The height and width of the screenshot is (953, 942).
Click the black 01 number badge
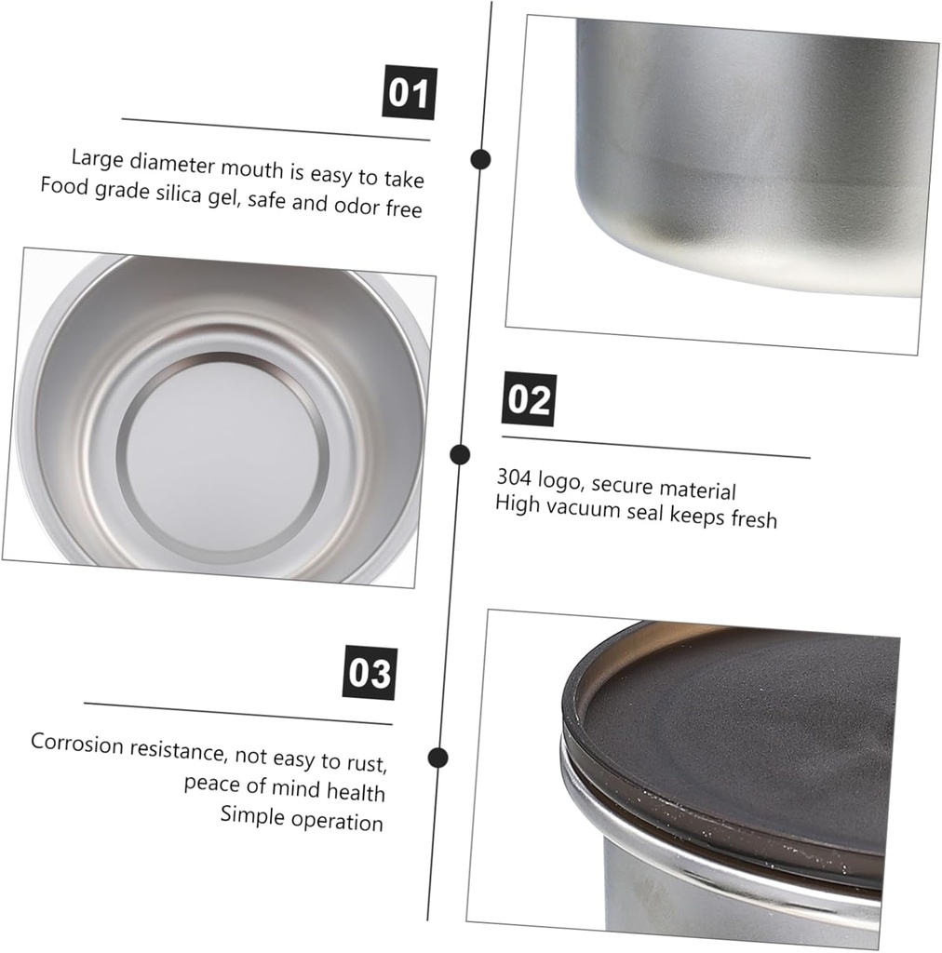(x=409, y=93)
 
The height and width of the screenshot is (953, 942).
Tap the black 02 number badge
(x=529, y=399)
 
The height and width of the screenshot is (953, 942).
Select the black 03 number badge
(x=370, y=673)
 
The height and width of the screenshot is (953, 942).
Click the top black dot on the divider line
(x=480, y=159)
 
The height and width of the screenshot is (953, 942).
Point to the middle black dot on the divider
(x=459, y=454)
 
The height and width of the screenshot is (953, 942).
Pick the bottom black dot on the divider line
(x=438, y=758)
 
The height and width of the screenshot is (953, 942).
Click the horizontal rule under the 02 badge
(x=655, y=448)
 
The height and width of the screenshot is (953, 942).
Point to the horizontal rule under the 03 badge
(x=237, y=714)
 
